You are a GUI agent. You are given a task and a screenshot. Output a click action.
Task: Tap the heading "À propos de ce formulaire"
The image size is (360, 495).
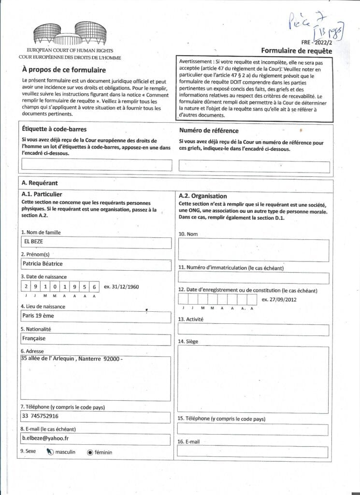64,70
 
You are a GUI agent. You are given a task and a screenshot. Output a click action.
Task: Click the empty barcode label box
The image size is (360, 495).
97,165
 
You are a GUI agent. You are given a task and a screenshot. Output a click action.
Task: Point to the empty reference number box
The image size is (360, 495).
254,166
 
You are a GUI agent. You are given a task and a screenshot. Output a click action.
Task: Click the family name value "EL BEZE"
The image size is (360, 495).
33,243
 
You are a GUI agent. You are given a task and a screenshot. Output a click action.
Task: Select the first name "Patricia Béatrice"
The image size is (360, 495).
43,264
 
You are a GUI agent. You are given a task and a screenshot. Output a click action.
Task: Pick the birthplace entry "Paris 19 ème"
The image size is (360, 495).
38,316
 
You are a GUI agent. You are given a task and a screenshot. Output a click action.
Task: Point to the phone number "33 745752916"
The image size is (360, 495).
41,416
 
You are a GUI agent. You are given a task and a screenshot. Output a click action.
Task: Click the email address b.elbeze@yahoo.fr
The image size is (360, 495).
45,437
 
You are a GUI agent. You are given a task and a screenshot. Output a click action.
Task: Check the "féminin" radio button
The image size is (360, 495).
90,452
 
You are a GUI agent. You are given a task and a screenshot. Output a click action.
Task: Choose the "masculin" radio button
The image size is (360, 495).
50,452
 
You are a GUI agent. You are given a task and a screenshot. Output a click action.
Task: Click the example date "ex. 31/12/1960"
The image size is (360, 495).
121,287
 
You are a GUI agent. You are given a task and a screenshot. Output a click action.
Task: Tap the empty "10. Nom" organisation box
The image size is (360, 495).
254,250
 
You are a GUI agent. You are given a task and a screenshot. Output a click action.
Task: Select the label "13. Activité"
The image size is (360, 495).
191,319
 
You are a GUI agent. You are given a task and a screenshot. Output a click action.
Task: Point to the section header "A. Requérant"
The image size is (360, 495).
40,183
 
